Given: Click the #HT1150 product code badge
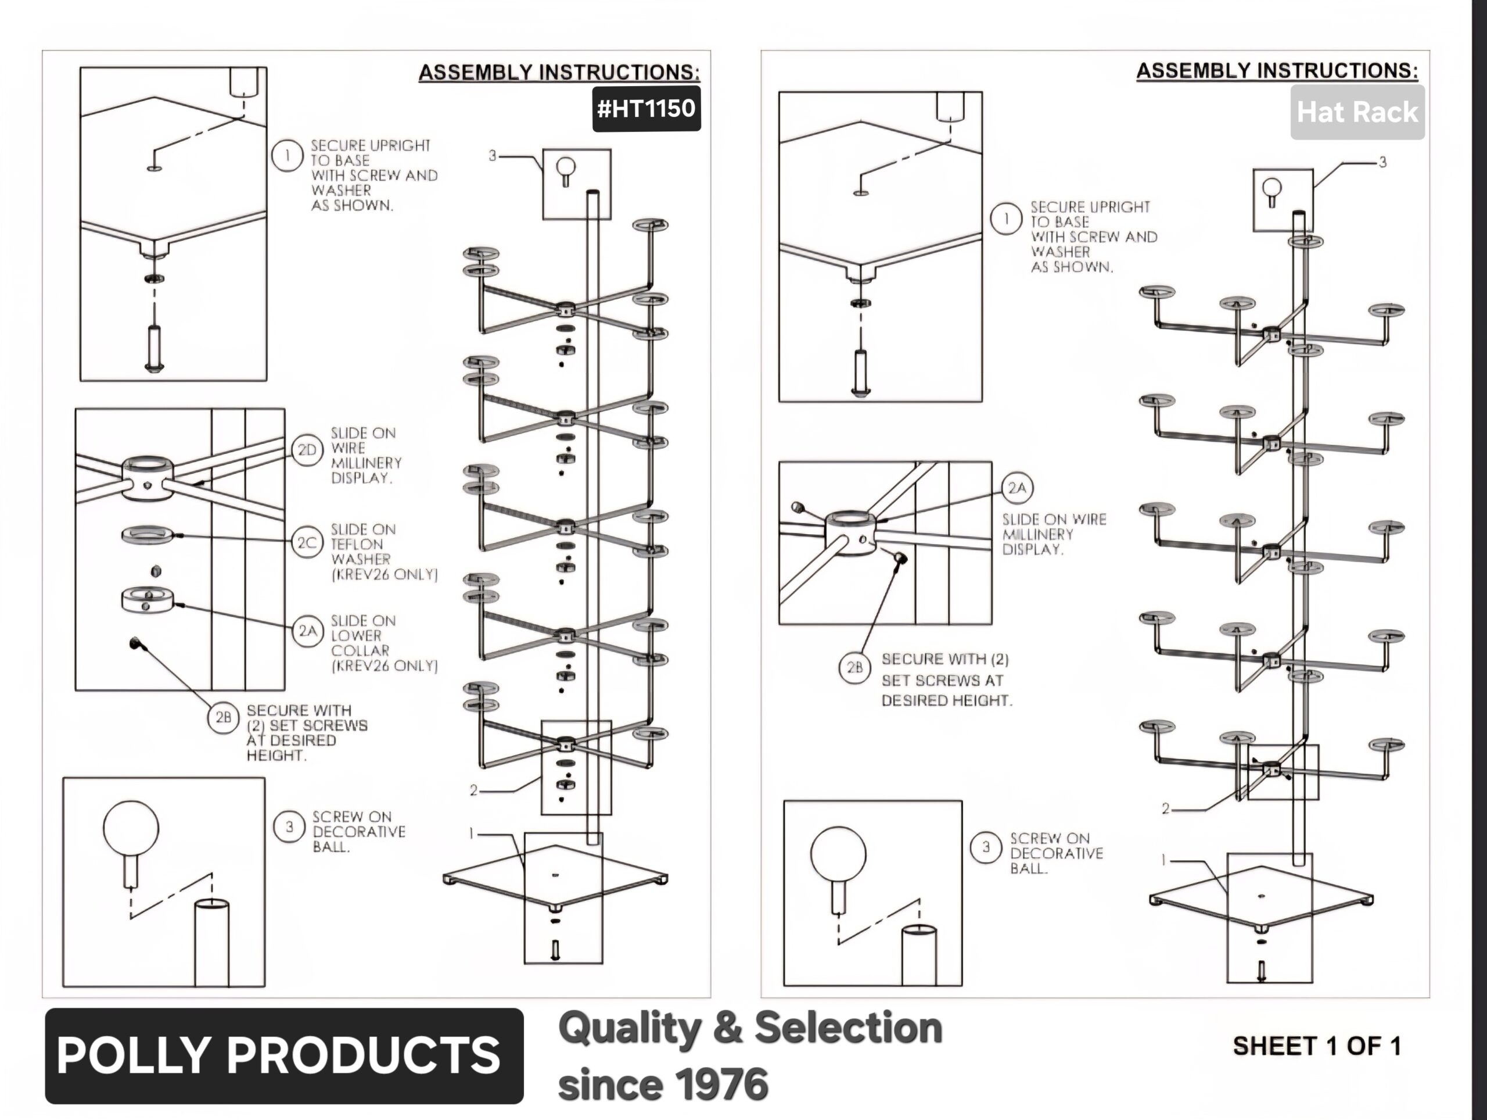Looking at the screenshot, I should (x=646, y=108).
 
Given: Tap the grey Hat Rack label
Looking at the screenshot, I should (x=1356, y=112).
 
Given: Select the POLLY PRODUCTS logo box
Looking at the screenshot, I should (x=283, y=1055).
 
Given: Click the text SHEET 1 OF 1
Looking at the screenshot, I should (x=1316, y=1046).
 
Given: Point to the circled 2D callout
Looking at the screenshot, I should (x=307, y=450).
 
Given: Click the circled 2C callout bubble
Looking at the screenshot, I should (x=307, y=542).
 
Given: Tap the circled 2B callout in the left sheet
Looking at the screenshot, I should (x=223, y=718).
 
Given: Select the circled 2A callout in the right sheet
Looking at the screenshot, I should (x=1017, y=488).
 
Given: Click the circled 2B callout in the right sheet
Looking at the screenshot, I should (x=854, y=667).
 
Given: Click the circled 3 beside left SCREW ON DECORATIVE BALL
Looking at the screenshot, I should (x=289, y=826).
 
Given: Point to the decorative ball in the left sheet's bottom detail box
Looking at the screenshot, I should (x=131, y=828).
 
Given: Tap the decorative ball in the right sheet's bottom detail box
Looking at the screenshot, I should (x=838, y=854).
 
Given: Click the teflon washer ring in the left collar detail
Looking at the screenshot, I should (x=147, y=535).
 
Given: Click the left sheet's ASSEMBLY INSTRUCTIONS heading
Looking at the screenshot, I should (x=559, y=73).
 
